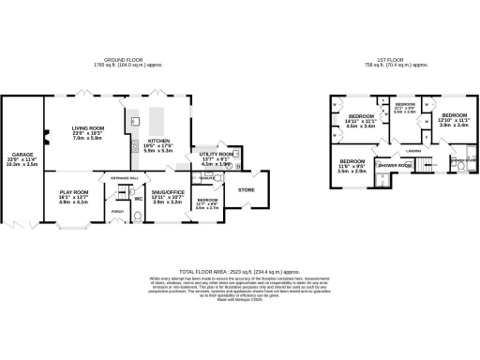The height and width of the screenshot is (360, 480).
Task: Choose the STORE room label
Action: click(x=247, y=190)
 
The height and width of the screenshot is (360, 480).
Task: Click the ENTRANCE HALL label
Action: click(x=125, y=176)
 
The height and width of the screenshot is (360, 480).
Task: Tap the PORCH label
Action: click(x=118, y=211)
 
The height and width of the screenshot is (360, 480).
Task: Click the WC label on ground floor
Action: click(x=139, y=198)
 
